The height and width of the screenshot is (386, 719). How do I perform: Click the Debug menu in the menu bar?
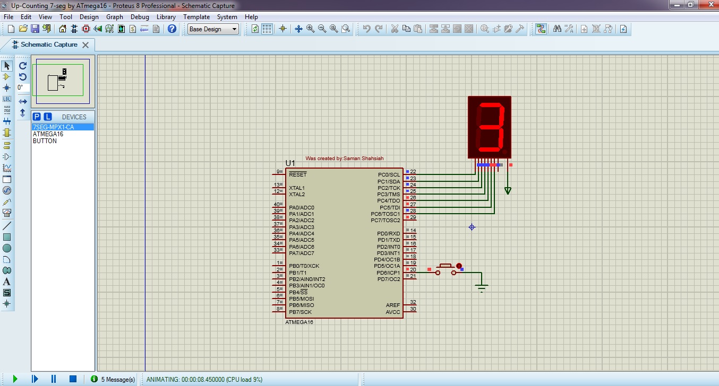[x=140, y=16]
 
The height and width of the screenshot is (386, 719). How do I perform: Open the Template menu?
[x=196, y=16]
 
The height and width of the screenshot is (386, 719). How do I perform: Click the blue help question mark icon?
[x=172, y=29]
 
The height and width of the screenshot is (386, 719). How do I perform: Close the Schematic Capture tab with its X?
[x=85, y=45]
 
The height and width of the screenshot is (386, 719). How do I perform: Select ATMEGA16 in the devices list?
[x=48, y=134]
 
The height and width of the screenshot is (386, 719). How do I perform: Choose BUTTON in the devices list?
[x=45, y=141]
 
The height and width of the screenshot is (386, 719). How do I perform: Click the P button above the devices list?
[x=37, y=117]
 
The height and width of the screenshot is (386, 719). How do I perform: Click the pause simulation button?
[x=54, y=379]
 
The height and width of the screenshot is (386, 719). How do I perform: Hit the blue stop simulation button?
[x=73, y=379]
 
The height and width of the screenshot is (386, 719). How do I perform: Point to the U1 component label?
[x=290, y=163]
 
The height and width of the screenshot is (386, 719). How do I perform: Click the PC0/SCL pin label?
[x=389, y=174]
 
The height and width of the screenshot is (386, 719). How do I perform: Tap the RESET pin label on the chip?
[x=297, y=174]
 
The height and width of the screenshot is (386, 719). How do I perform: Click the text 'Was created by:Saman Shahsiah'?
[x=344, y=158]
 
